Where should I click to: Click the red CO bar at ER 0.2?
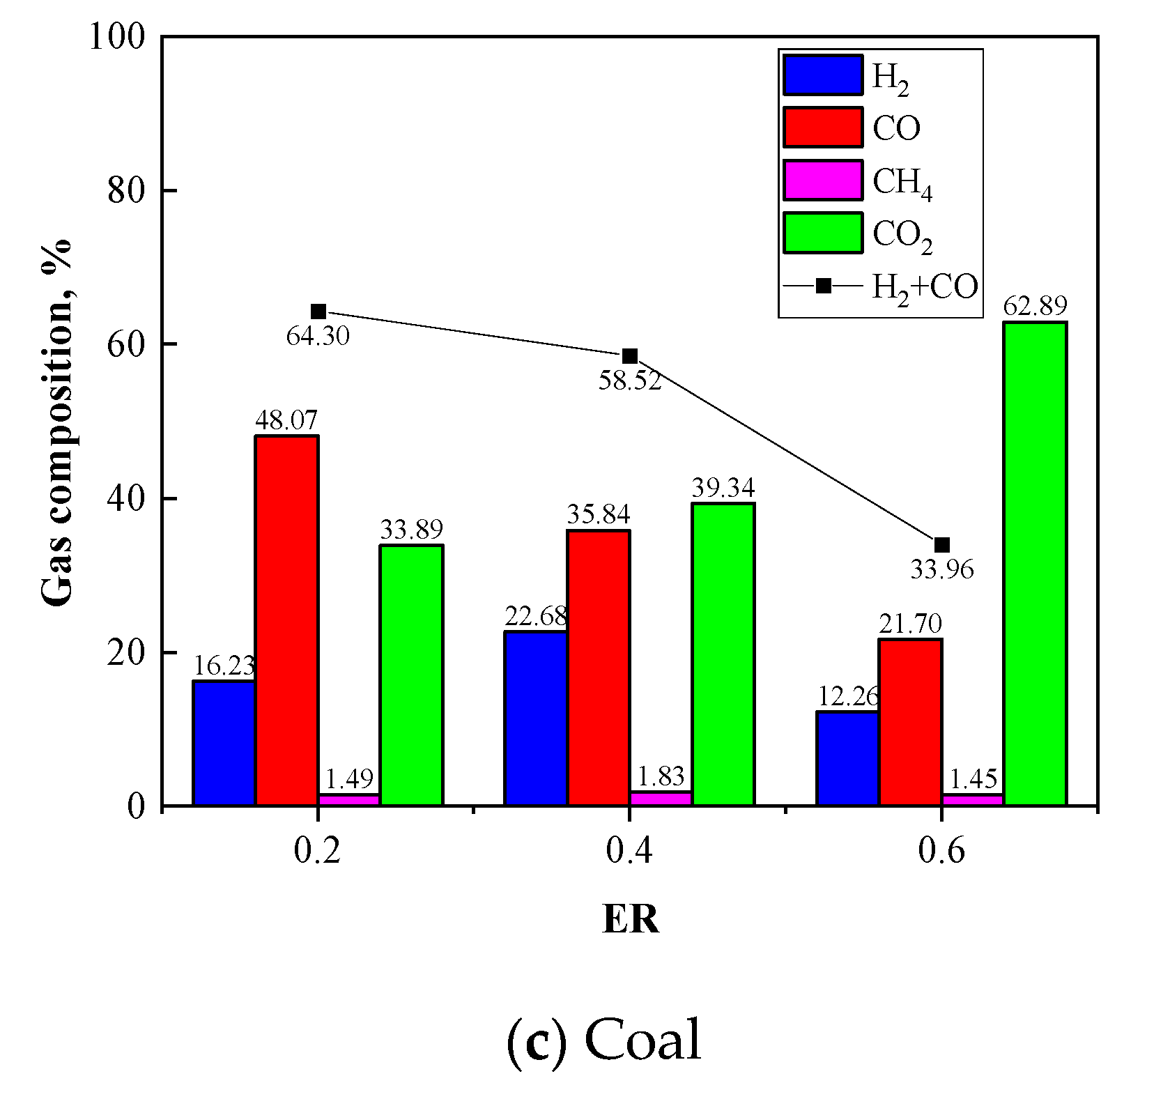287,620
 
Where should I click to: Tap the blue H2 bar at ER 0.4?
536,718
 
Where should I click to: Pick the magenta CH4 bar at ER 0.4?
661,799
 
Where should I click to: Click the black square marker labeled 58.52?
630,356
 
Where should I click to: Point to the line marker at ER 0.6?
941,545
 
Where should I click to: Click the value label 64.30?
318,337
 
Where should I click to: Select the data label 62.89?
1035,306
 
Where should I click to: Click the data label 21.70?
910,623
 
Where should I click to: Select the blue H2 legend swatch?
823,75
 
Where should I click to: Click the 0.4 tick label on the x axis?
629,851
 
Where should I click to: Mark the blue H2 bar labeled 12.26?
847,758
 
